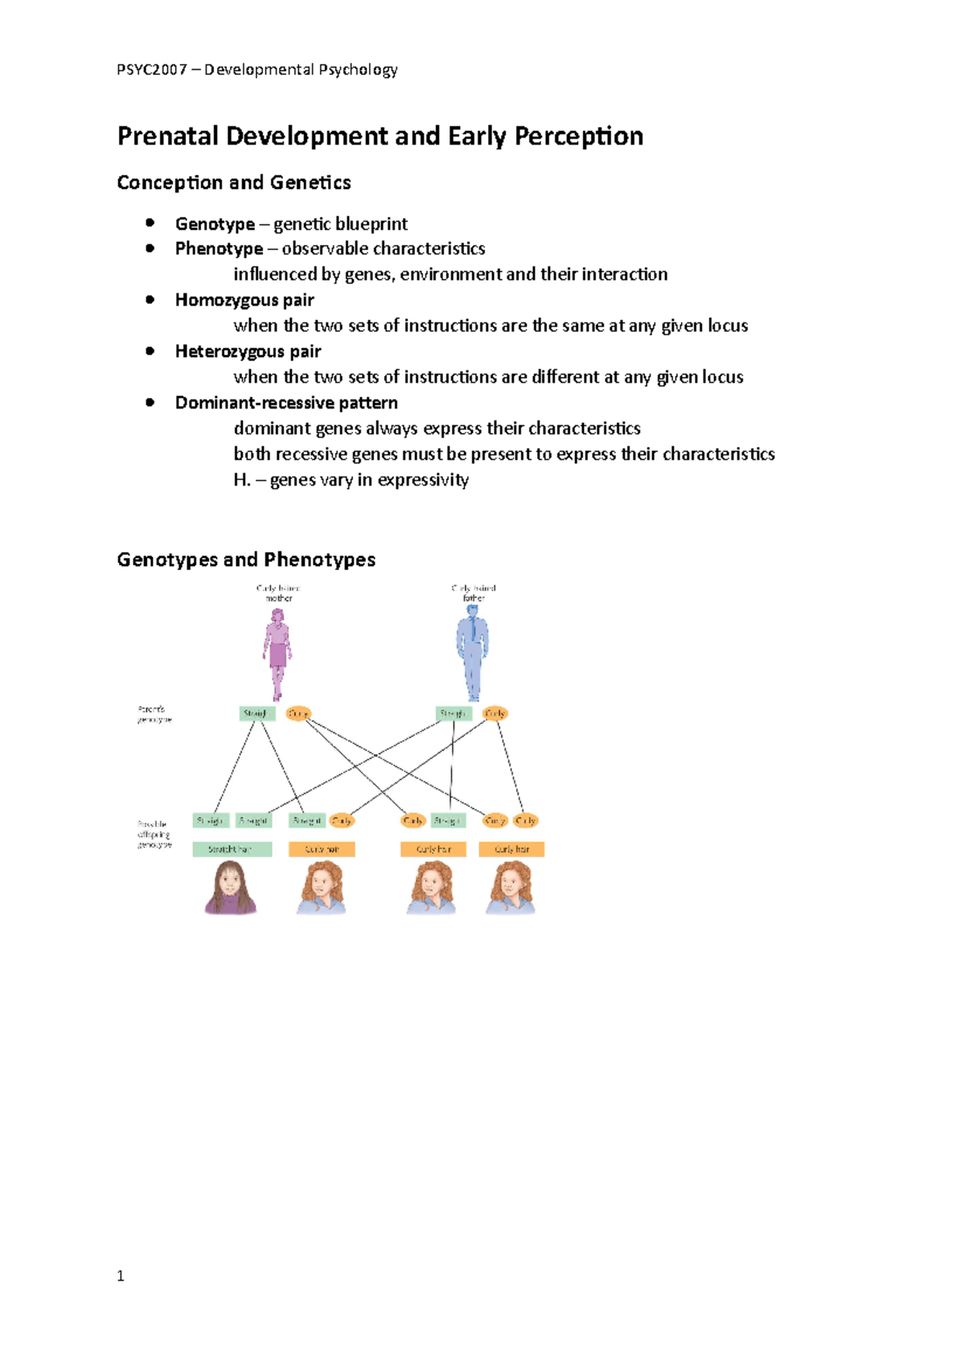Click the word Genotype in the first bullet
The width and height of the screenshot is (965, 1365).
(215, 224)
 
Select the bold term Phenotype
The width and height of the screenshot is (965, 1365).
(219, 249)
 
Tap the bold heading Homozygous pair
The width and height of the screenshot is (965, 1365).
(244, 301)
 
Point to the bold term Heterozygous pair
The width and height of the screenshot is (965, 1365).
(248, 352)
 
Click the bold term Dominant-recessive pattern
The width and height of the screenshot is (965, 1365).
(286, 404)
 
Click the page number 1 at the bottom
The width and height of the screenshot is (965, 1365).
(121, 1276)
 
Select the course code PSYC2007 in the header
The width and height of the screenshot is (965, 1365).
(151, 70)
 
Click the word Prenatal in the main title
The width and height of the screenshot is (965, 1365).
(167, 137)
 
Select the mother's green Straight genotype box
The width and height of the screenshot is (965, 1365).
(257, 713)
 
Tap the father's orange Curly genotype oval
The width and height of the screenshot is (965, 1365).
(495, 713)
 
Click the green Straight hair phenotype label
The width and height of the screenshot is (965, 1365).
(232, 849)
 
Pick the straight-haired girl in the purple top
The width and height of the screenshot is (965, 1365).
(230, 887)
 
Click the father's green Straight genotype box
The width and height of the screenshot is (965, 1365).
(454, 713)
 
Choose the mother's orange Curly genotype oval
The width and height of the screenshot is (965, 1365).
(298, 713)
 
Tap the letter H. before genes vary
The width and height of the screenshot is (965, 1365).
(242, 481)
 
